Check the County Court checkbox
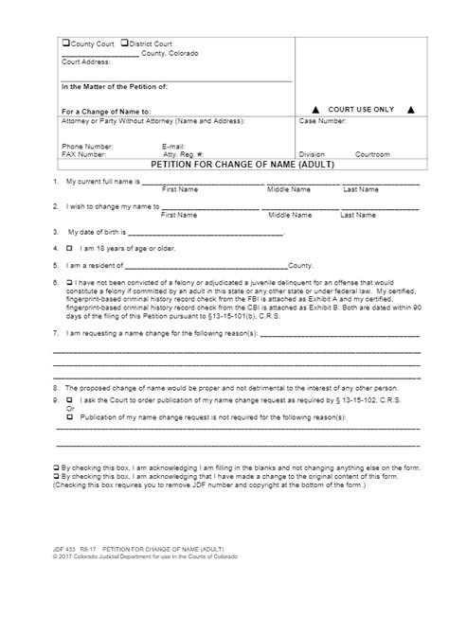66,44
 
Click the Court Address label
85,62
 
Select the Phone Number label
85,146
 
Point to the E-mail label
175,146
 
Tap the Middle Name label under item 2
288,215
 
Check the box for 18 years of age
69,250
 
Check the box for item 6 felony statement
69,282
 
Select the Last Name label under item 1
360,189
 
